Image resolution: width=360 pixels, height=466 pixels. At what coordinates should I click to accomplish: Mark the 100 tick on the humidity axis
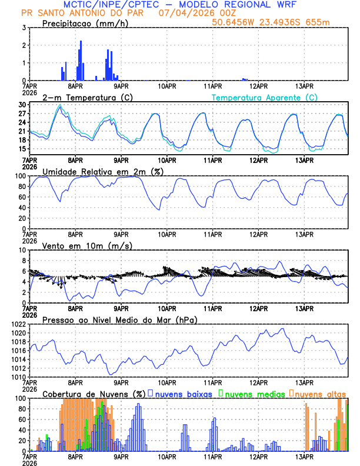tap(20, 176)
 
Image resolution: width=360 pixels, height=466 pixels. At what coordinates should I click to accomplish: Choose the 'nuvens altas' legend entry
tap(320, 393)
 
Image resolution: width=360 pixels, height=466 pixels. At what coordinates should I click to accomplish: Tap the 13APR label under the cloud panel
tap(304, 456)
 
